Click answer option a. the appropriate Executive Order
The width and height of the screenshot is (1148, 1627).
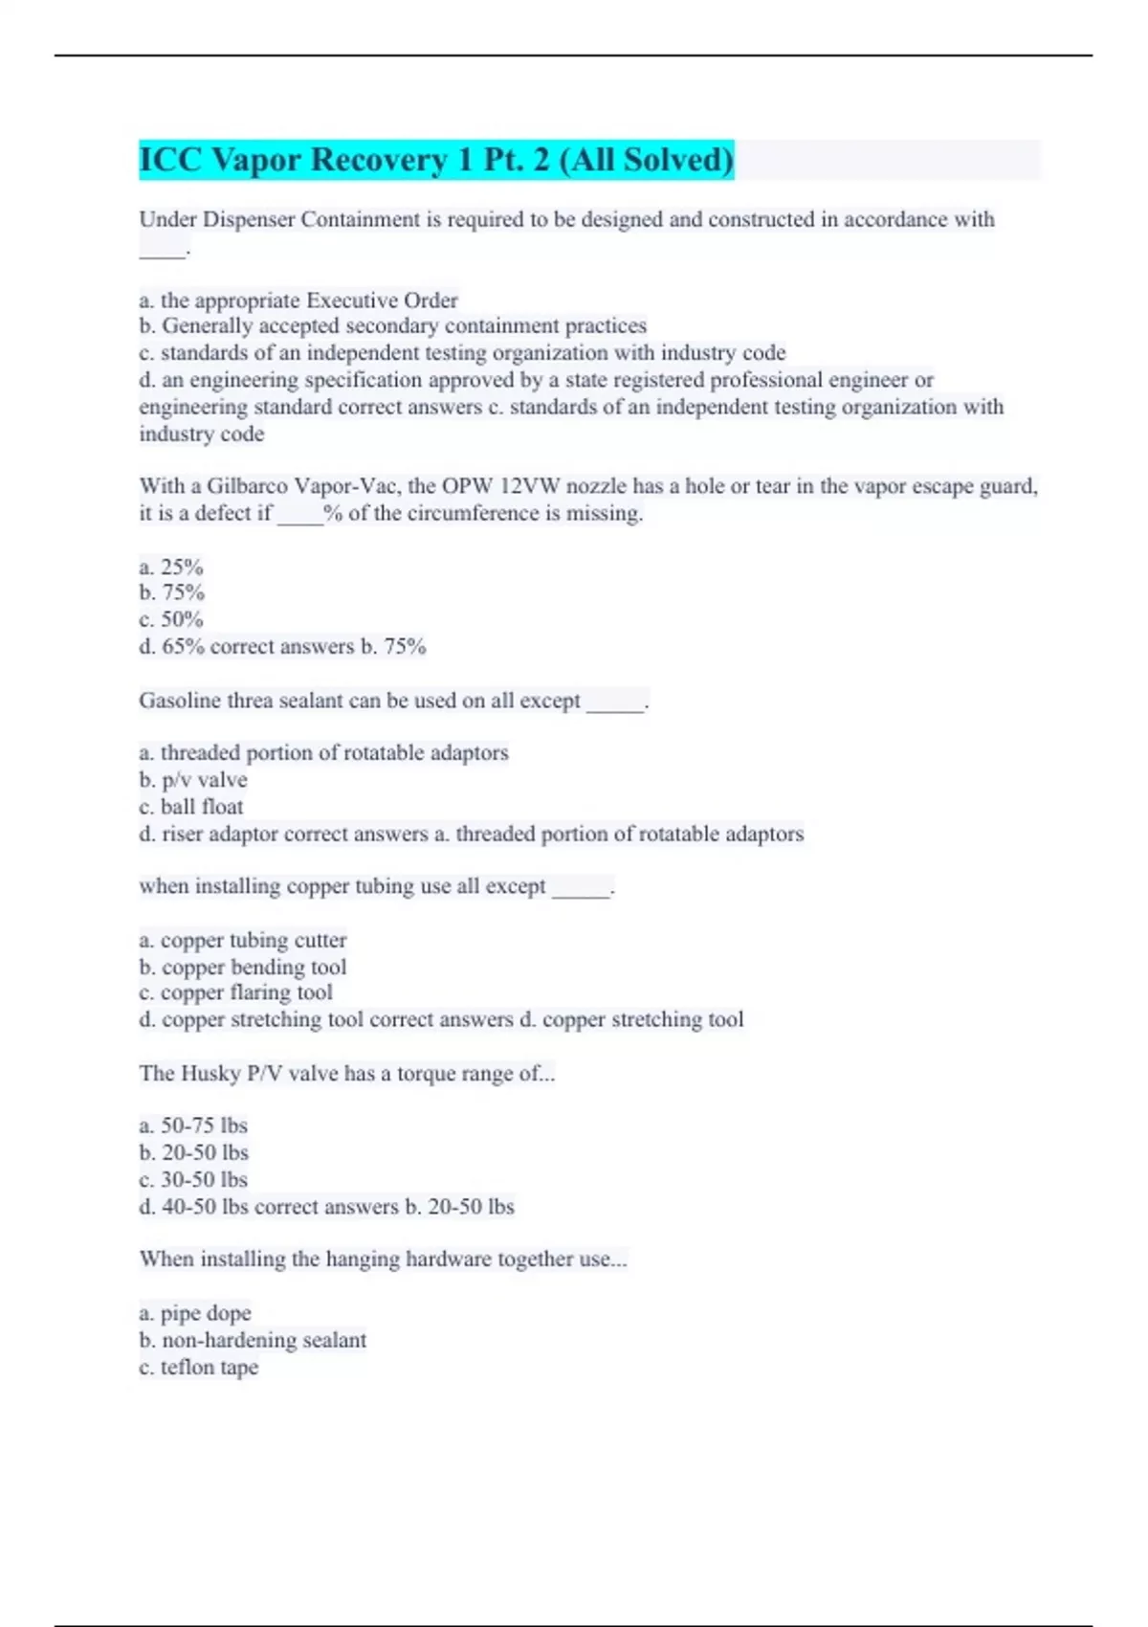[298, 301]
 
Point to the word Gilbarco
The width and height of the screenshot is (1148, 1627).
[247, 486]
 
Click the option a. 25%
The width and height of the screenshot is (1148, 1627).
[171, 567]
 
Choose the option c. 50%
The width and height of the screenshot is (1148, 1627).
[171, 619]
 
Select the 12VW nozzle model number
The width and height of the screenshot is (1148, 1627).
[530, 486]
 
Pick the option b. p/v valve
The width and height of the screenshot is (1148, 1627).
[193, 780]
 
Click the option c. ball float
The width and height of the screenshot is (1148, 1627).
[191, 807]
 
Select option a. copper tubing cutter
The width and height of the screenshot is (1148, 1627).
[243, 940]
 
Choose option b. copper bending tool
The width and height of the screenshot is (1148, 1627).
[243, 967]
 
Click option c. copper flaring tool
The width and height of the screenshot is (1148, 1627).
[236, 992]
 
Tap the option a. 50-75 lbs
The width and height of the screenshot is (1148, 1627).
[193, 1126]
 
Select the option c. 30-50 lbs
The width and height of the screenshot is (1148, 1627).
[193, 1179]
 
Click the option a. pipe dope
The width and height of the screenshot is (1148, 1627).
[195, 1313]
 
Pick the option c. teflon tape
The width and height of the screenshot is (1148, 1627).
[199, 1367]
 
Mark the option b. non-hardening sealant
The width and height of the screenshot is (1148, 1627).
[253, 1340]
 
